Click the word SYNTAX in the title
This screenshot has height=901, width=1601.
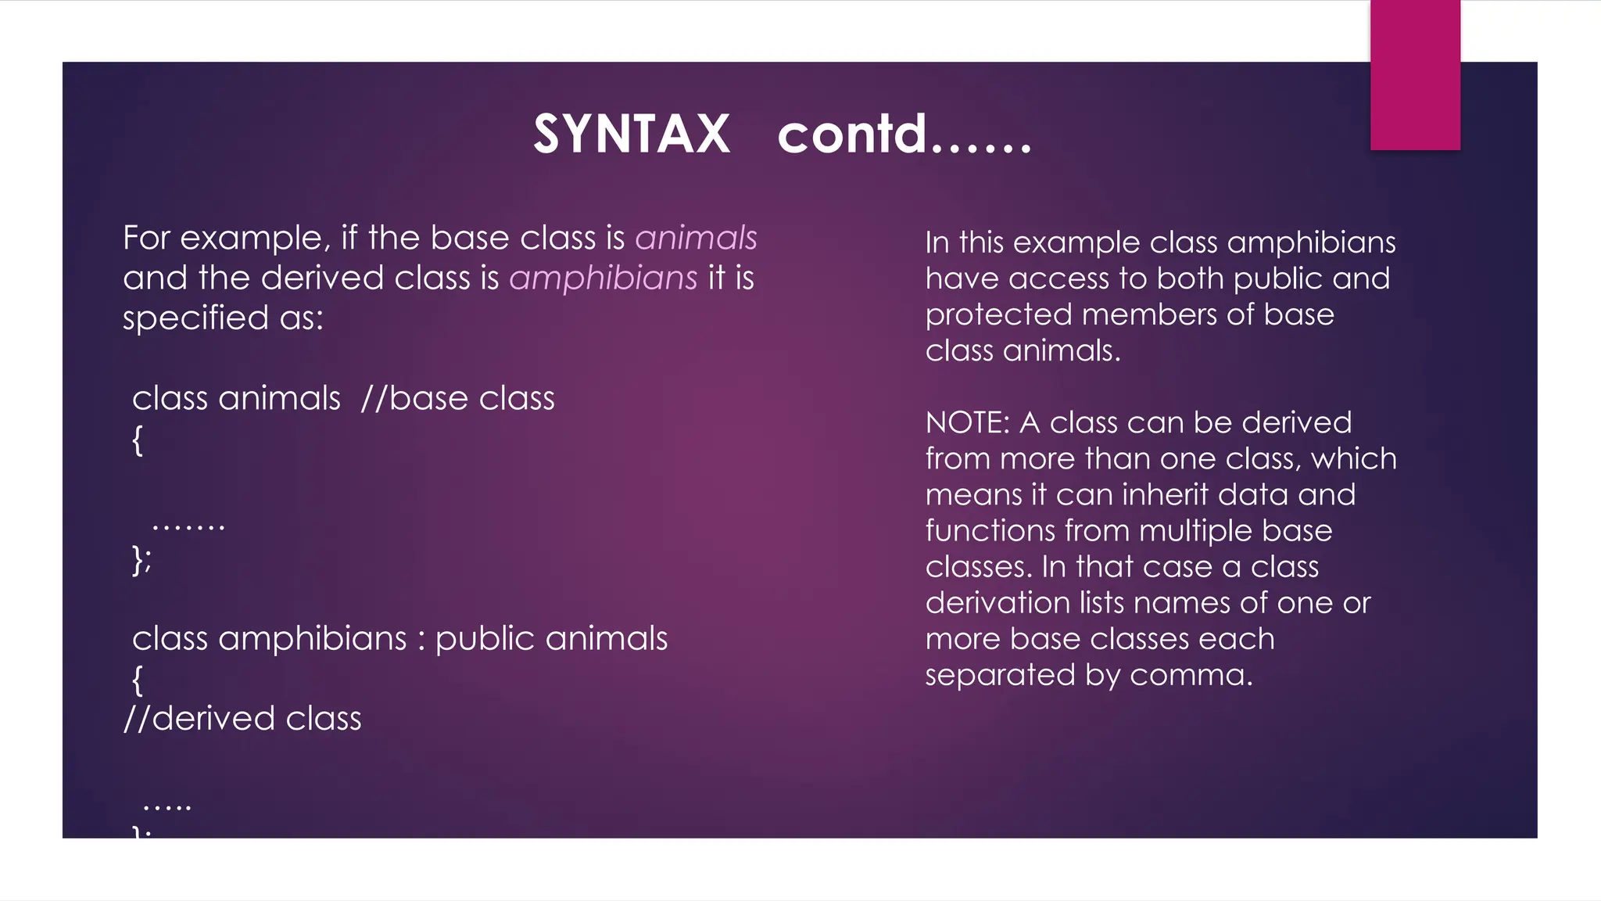(632, 135)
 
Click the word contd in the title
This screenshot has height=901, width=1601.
(852, 135)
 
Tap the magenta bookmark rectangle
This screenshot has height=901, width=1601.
(1415, 74)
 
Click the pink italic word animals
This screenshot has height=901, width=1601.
(696, 238)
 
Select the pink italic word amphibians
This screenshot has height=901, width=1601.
(603, 278)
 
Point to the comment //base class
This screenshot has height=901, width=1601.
(457, 399)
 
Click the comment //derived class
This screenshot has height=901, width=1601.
(242, 719)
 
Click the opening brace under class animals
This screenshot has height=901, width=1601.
(138, 440)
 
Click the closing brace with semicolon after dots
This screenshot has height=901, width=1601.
(141, 560)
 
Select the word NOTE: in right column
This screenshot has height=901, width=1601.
(968, 423)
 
